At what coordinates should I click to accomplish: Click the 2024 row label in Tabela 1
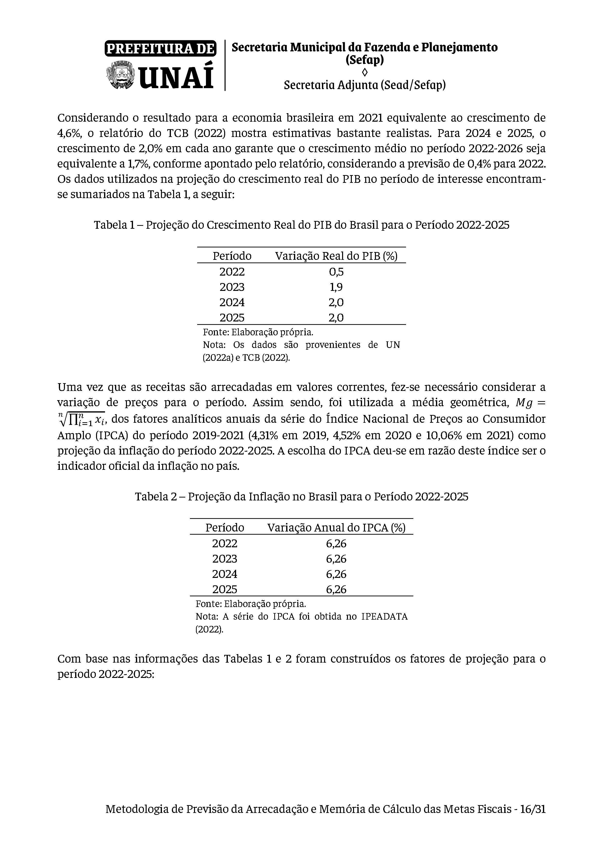tap(232, 303)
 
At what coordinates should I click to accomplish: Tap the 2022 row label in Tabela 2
tap(224, 544)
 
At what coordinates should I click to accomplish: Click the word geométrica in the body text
tap(479, 403)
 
